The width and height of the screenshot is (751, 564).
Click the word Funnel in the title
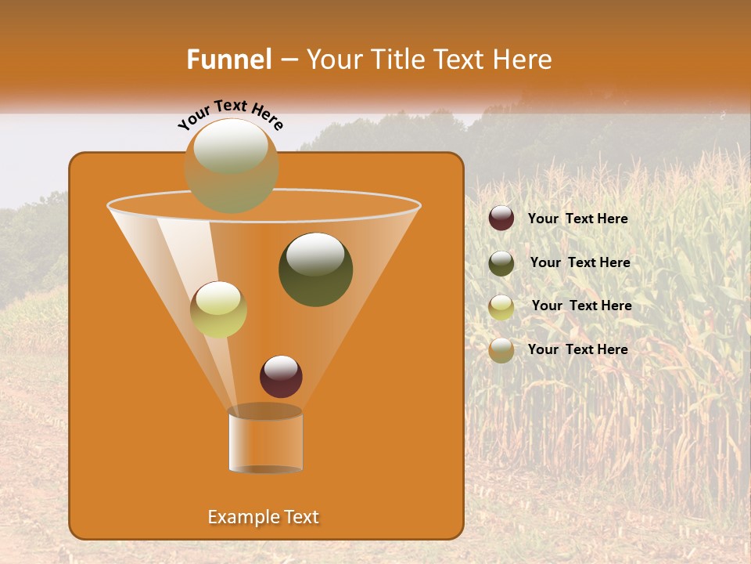(228, 60)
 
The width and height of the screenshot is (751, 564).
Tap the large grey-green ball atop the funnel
(232, 164)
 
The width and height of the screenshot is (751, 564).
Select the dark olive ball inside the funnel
(315, 269)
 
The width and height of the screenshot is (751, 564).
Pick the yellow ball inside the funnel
(218, 309)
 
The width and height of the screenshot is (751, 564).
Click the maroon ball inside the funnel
(281, 376)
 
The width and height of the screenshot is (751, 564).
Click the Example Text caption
(263, 517)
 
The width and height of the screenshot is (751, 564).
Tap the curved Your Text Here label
(230, 114)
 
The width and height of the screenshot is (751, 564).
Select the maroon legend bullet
(501, 219)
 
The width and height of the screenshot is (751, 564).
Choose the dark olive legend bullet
(501, 262)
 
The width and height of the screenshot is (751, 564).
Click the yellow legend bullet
(501, 306)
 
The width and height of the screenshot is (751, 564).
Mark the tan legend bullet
(501, 350)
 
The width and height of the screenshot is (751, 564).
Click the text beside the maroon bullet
(577, 219)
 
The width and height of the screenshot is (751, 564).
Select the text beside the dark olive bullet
(580, 263)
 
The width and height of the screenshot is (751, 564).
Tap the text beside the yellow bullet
(581, 306)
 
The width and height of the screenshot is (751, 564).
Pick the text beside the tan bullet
(577, 349)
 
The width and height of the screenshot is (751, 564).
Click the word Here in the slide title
(523, 60)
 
